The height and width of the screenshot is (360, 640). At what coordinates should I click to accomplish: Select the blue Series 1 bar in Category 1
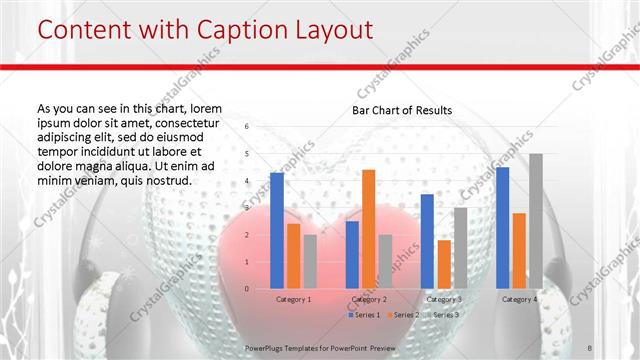click(277, 230)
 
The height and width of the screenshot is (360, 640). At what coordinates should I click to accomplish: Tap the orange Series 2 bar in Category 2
click(368, 229)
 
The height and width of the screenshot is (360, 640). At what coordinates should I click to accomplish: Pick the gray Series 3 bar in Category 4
click(536, 221)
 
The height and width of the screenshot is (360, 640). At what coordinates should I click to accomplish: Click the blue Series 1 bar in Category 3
click(427, 241)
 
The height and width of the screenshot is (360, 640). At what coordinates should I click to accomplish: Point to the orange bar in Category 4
click(519, 251)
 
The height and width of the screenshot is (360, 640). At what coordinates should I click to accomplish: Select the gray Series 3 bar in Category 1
click(310, 262)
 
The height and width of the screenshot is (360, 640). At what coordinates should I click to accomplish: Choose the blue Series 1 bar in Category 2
click(352, 255)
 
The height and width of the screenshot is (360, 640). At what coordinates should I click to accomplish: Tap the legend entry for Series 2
click(404, 315)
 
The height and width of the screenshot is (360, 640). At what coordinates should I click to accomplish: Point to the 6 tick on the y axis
click(247, 127)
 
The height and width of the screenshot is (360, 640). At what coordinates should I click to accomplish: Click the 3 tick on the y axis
click(247, 208)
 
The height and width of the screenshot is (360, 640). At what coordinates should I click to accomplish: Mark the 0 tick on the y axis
click(247, 289)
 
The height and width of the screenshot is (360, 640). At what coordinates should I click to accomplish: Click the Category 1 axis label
click(293, 299)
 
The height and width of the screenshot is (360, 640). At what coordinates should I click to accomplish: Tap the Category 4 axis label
click(519, 299)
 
